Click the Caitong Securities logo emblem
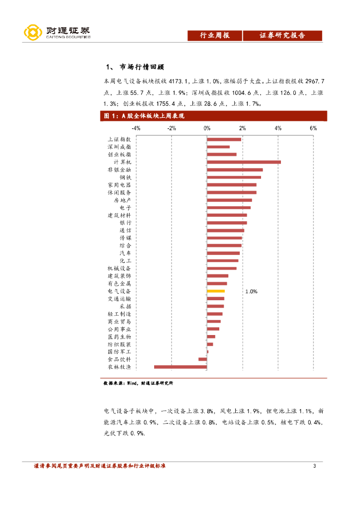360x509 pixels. [33, 33]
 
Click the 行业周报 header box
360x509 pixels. [214, 35]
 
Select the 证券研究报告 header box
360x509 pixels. [282, 35]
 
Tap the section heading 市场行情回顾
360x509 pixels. [142, 68]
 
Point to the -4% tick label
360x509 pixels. [136, 128]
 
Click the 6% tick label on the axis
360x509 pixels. [313, 128]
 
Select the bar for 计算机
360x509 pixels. [244, 162]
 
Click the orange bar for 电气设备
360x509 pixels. [216, 291]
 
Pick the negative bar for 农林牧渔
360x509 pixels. [180, 367]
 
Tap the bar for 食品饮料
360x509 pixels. [202, 359]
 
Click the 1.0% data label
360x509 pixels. [251, 292]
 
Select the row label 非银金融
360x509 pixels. [119, 170]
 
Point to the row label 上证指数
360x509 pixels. [119, 139]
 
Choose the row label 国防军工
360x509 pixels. [119, 351]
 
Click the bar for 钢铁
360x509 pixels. [234, 177]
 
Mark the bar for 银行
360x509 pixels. [227, 223]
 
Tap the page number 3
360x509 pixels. [314, 466]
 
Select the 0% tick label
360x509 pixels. [207, 128]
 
